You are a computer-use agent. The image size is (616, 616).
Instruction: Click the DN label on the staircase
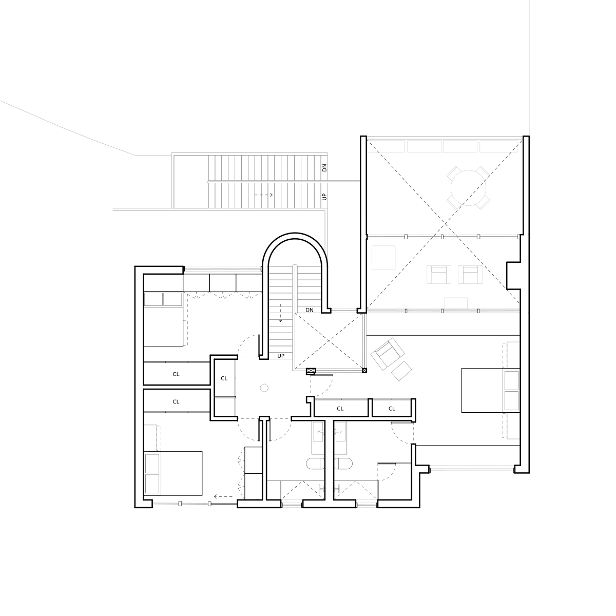pyautogui.click(x=324, y=168)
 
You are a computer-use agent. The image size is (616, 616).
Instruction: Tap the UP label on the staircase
pyautogui.click(x=324, y=197)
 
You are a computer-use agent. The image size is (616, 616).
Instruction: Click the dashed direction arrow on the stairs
pyautogui.click(x=264, y=195)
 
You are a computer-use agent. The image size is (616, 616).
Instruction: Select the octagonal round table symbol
pyautogui.click(x=468, y=188)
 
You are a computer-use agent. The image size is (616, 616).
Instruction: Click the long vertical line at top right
pyautogui.click(x=527, y=67)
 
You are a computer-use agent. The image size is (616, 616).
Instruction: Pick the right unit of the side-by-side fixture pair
pyautogui.click(x=470, y=275)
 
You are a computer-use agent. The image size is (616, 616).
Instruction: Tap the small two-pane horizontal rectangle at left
pyautogui.click(x=163, y=299)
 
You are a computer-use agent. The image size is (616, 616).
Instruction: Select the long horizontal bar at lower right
pyautogui.click(x=471, y=470)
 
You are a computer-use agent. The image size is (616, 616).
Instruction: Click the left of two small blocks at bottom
pyautogui.click(x=291, y=503)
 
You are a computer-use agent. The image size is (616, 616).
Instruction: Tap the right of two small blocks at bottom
pyautogui.click(x=366, y=503)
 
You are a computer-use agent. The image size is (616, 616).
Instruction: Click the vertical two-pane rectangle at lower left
pyautogui.click(x=154, y=473)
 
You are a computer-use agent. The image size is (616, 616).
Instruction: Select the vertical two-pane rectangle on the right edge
pyautogui.click(x=510, y=390)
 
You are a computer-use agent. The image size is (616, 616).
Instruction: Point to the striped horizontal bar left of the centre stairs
pyautogui.click(x=222, y=268)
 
